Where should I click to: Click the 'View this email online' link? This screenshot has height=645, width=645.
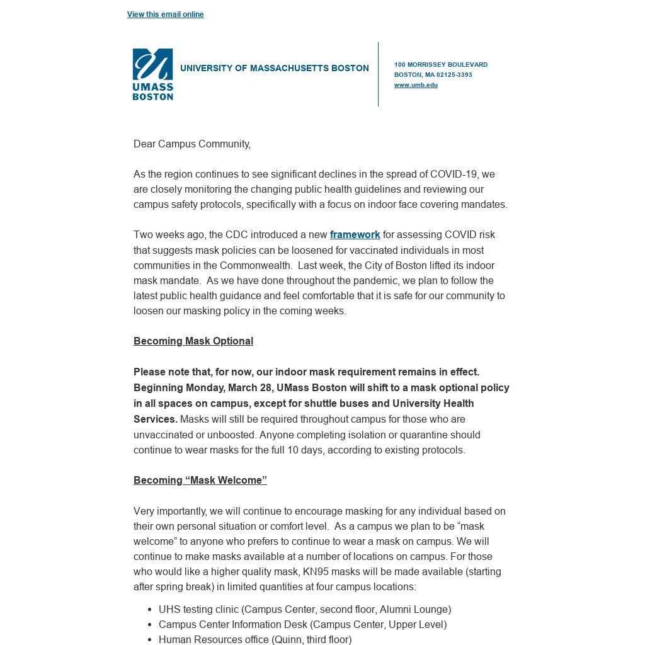(x=165, y=14)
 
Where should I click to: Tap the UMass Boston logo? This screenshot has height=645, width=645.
(x=152, y=74)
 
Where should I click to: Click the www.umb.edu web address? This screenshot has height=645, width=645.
(x=416, y=85)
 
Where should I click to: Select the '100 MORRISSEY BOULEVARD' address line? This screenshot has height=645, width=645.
(x=440, y=65)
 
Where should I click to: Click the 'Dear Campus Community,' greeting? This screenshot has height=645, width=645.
(x=191, y=144)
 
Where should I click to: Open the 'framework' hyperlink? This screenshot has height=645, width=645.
(x=355, y=235)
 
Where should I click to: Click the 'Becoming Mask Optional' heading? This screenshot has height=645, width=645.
(x=193, y=341)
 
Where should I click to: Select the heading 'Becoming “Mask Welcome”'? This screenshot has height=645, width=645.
(x=200, y=481)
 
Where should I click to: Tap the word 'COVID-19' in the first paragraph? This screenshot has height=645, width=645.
(x=454, y=174)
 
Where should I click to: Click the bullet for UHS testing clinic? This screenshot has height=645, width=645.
(x=150, y=610)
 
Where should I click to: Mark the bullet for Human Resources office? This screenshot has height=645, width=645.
(x=150, y=640)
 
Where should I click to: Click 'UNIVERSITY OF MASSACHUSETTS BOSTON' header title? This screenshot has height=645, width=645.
(x=274, y=69)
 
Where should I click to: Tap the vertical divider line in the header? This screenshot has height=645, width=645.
(x=379, y=74)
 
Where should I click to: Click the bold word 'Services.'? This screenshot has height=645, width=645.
(x=155, y=420)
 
